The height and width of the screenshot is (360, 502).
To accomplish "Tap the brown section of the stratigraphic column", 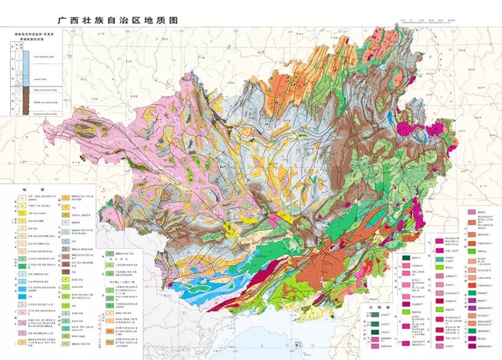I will pyautogui.click(x=25, y=102).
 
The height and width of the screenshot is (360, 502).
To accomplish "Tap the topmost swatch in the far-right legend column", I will pyautogui.click(x=471, y=211).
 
